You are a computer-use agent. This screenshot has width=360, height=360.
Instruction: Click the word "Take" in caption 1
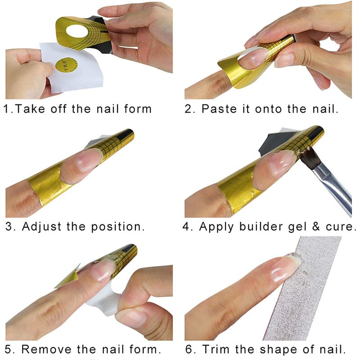[x=30, y=109]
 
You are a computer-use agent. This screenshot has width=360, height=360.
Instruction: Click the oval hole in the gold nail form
[x=77, y=31]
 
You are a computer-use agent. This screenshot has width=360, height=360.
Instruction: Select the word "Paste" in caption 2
[x=219, y=109]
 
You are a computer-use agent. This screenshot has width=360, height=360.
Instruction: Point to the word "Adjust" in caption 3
[x=41, y=227]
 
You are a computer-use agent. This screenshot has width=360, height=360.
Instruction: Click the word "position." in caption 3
[x=118, y=227]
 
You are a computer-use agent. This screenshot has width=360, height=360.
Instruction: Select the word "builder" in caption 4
[x=261, y=227]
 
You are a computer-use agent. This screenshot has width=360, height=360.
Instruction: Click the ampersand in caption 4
[x=316, y=227]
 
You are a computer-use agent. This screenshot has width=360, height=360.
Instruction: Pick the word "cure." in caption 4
[x=340, y=227]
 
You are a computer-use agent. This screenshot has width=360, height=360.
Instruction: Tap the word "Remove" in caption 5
[x=47, y=349]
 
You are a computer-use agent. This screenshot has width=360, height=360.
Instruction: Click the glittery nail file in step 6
[x=303, y=289]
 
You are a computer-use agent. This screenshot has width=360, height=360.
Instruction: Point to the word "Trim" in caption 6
[x=216, y=349]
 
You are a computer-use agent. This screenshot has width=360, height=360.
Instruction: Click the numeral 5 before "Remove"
[x=8, y=350]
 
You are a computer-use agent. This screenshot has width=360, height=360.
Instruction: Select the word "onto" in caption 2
[x=268, y=109]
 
